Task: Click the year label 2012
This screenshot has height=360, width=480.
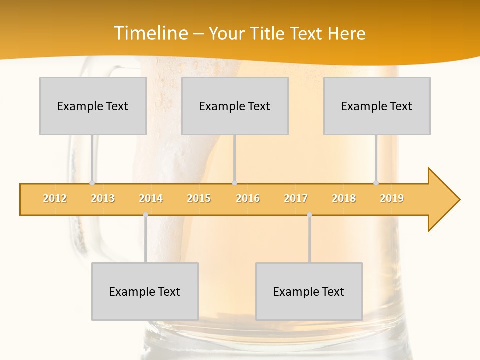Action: (55, 198)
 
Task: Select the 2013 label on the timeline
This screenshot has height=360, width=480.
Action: (103, 198)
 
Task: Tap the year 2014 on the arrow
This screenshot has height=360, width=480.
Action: (151, 198)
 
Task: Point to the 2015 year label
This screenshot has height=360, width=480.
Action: (199, 198)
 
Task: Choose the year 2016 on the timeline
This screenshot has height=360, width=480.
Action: (248, 198)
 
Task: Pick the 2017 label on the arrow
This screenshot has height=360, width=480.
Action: (296, 198)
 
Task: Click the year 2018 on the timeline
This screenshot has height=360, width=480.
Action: (344, 198)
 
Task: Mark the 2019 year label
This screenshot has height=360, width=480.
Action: (392, 198)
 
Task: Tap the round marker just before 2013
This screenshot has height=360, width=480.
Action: (92, 183)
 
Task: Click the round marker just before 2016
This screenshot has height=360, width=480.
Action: (234, 183)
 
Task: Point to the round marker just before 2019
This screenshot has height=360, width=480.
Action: (376, 183)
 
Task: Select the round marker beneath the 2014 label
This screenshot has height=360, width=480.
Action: (145, 215)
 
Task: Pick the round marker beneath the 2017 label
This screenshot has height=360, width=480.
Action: (309, 215)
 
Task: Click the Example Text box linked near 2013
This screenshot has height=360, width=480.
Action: (93, 106)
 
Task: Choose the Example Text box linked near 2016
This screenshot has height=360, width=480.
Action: (235, 106)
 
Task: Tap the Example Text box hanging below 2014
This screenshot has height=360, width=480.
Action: (145, 291)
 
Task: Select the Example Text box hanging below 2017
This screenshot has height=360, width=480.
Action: (309, 291)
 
